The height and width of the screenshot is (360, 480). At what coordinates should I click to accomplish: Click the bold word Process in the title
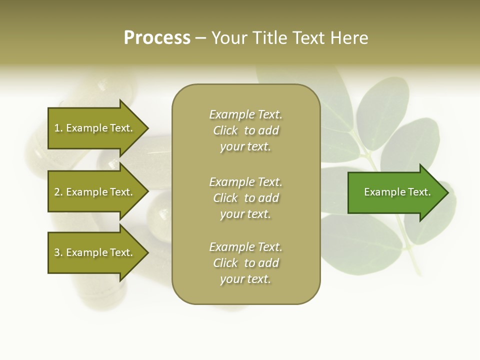pos(157,38)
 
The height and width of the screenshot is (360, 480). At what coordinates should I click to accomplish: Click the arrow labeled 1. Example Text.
pos(93,128)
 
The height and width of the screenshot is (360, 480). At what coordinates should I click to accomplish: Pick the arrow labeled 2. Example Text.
pos(93,192)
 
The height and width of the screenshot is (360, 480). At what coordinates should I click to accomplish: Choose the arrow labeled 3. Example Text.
pos(93,252)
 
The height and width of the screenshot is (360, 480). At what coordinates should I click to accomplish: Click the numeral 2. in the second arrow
pos(58,192)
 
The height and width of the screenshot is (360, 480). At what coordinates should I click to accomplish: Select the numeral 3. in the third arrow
pos(58,252)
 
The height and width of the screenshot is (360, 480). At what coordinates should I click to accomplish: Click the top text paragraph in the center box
pos(245,130)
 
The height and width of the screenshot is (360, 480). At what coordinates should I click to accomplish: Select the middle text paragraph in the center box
pos(245,198)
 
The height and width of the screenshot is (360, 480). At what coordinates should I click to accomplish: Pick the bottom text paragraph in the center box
pos(245,263)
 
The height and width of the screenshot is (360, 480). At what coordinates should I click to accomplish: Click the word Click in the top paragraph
pos(225,130)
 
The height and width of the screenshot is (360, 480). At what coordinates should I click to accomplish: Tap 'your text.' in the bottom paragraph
pos(245,279)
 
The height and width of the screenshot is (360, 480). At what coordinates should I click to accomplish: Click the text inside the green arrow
pos(397,192)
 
